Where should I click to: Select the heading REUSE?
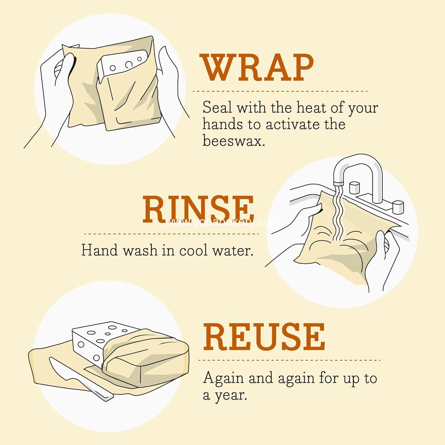pyautogui.click(x=264, y=337)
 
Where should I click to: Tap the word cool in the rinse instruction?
pyautogui.click(x=193, y=250)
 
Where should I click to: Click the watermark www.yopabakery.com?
pyautogui.click(x=222, y=222)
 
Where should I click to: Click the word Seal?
pyautogui.click(x=217, y=107)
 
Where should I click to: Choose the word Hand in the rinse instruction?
pyautogui.click(x=100, y=250)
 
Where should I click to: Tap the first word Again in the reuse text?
pyautogui.click(x=223, y=378)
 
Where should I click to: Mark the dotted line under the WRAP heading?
pyautogui.click(x=280, y=91)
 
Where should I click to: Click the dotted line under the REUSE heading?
pyautogui.click(x=289, y=360)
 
